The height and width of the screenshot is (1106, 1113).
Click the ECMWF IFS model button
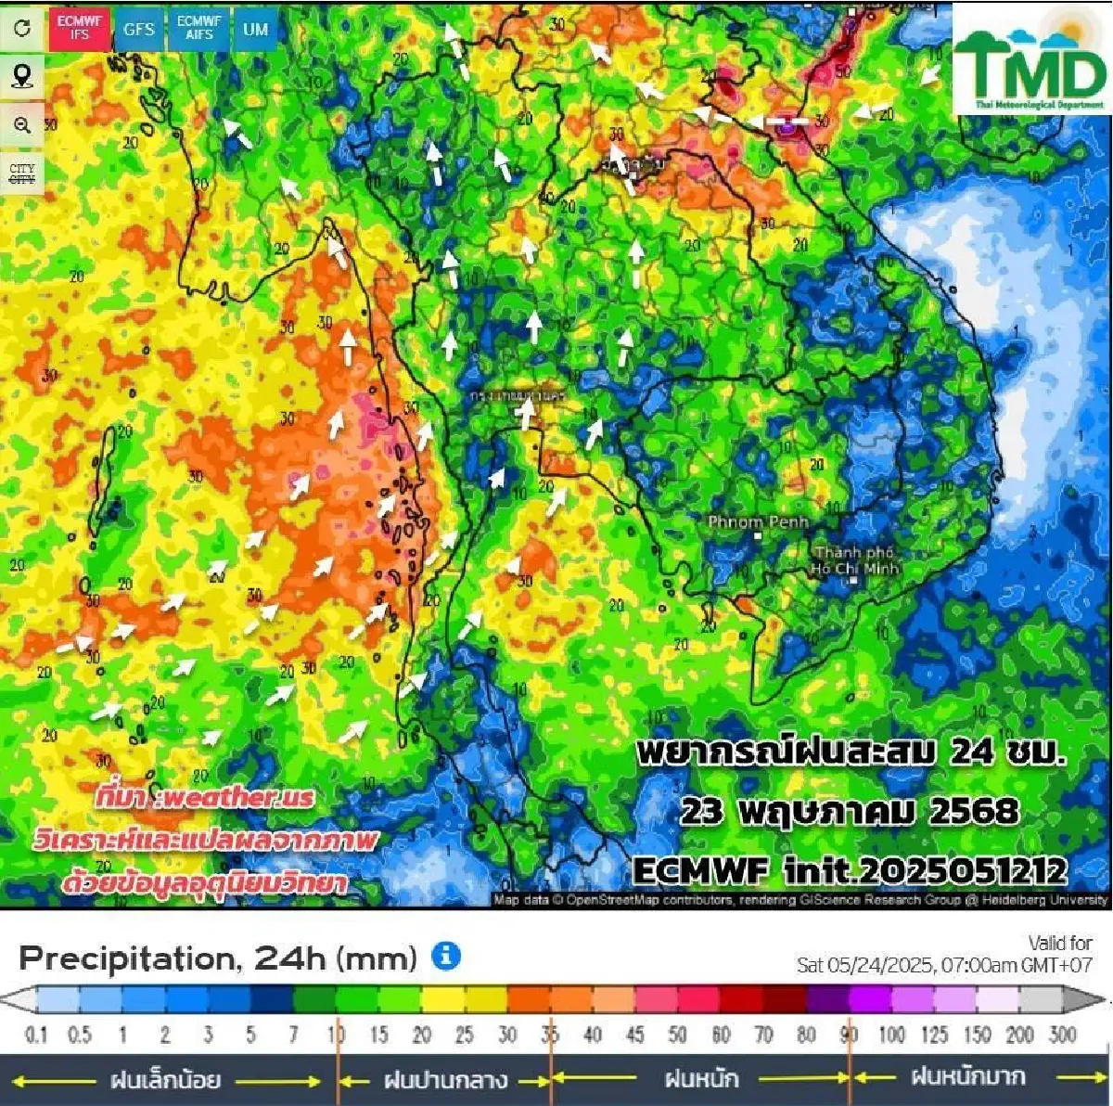click(x=81, y=29)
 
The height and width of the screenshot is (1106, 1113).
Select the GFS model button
click(x=139, y=29)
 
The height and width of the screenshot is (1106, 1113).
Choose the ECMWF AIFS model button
click(x=199, y=29)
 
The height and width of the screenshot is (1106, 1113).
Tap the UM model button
click(x=255, y=29)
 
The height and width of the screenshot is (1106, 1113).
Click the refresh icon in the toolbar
click(x=22, y=28)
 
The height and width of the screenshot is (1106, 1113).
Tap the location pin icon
click(x=22, y=76)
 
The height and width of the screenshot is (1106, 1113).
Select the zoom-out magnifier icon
click(x=22, y=124)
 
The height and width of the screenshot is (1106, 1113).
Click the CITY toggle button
click(x=22, y=174)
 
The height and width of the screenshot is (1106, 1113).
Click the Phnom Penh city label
click(x=758, y=522)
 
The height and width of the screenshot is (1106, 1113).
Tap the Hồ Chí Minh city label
click(x=853, y=560)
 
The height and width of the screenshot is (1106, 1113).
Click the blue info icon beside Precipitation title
click(x=446, y=955)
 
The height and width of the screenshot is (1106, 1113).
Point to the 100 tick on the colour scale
click(x=891, y=1035)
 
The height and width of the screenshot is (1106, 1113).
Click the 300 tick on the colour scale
click(x=1062, y=1035)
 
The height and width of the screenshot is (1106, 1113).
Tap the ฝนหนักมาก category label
click(x=967, y=1077)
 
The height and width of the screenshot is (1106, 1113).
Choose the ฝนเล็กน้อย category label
click(x=165, y=1080)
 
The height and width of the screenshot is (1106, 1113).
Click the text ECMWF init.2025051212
click(x=850, y=870)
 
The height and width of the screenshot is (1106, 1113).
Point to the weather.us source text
click(x=204, y=797)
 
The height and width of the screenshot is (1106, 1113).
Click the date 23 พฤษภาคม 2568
click(x=850, y=812)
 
